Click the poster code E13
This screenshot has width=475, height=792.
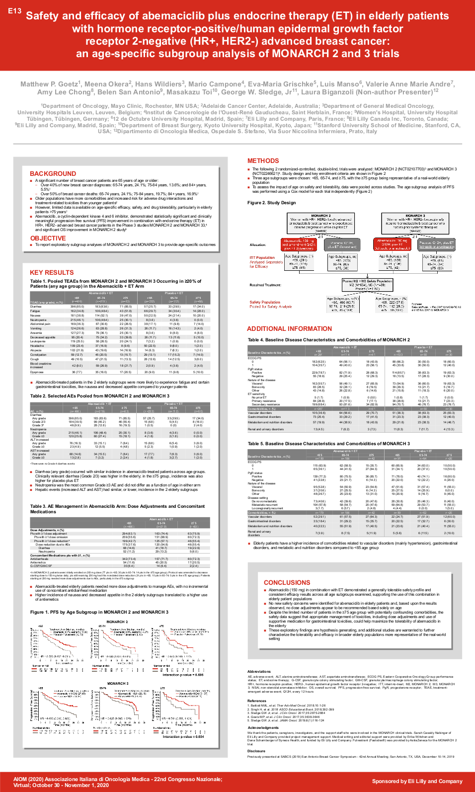tap(15, 11)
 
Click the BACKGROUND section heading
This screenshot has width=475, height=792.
tap(53, 173)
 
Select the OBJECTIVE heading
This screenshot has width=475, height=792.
tap(48, 238)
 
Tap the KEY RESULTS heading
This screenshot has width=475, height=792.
tap(52, 272)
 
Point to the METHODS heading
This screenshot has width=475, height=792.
tap(263, 160)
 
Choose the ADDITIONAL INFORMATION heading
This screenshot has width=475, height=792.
tap(289, 328)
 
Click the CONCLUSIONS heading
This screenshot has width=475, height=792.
tap(287, 582)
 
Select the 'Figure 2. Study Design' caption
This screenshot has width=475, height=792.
tap(271, 203)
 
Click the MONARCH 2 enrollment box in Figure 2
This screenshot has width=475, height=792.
tap(320, 224)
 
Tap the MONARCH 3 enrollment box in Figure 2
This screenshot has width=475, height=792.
tap(415, 224)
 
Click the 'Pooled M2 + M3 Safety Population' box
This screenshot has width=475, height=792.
tap(367, 284)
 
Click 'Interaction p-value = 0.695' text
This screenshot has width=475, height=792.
tap(183, 675)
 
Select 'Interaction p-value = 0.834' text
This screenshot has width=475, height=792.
tap(183, 736)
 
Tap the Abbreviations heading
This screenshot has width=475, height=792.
tap(259, 671)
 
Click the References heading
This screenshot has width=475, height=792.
tap(257, 701)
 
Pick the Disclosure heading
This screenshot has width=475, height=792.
tap(256, 751)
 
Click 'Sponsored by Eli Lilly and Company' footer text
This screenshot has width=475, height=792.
tap(417, 781)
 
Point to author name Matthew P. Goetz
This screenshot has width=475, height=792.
tap(49, 84)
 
